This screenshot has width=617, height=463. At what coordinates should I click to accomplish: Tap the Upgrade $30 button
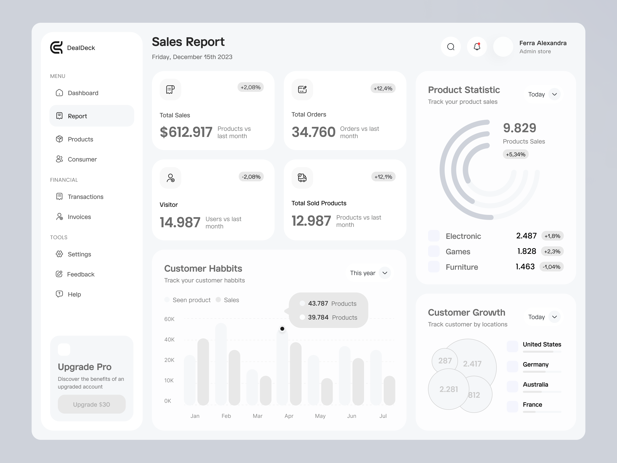tap(92, 404)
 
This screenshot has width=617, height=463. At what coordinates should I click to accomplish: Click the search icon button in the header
tap(451, 47)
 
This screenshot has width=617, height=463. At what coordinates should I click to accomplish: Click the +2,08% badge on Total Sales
tap(250, 87)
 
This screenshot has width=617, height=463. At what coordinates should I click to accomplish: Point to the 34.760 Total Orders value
tap(313, 132)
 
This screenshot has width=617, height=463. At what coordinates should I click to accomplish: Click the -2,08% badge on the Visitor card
tap(251, 177)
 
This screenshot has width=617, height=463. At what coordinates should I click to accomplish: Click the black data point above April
tap(282, 329)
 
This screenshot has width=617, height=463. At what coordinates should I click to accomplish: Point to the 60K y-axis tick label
tap(169, 319)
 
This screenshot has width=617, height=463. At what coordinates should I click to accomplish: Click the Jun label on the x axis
tap(351, 416)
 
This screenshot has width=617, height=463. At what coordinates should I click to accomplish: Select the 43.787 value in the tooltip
tap(318, 303)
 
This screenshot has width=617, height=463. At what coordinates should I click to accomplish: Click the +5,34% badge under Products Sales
tap(515, 154)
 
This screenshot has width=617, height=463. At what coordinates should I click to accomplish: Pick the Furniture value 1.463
tap(525, 267)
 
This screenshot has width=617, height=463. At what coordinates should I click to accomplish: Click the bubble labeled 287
tap(445, 361)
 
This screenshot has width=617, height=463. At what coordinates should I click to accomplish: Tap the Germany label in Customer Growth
tap(536, 364)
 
